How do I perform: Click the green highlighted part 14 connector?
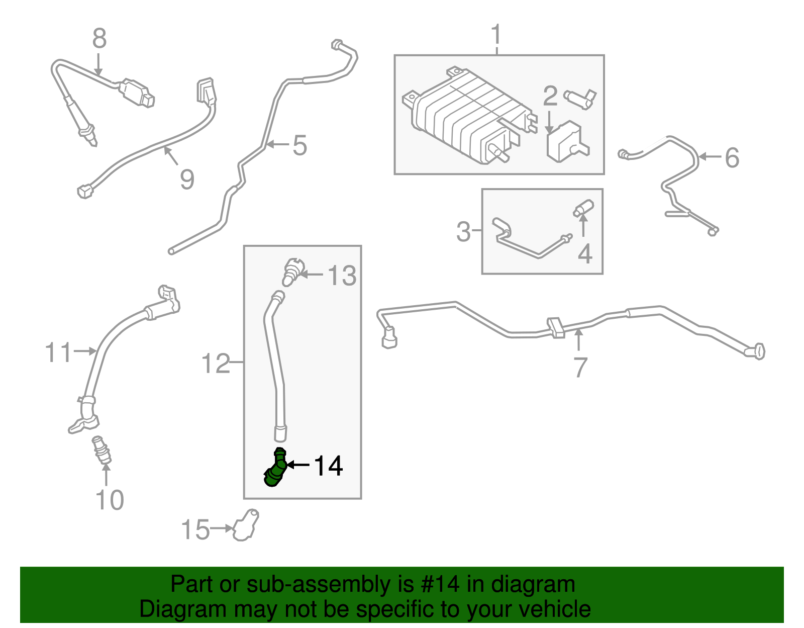275,469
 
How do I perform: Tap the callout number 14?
328,466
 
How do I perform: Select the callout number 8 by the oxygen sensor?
99,38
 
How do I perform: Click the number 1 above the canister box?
496,35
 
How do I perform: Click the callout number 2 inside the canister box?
550,96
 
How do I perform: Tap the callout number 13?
342,276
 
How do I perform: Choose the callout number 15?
195,530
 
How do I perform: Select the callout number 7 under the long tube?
580,367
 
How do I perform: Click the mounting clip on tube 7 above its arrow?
555,327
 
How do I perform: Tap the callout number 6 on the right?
732,157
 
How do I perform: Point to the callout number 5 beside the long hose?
299,145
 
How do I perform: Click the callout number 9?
187,179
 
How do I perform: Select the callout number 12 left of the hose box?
215,363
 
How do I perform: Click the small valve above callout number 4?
584,208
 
